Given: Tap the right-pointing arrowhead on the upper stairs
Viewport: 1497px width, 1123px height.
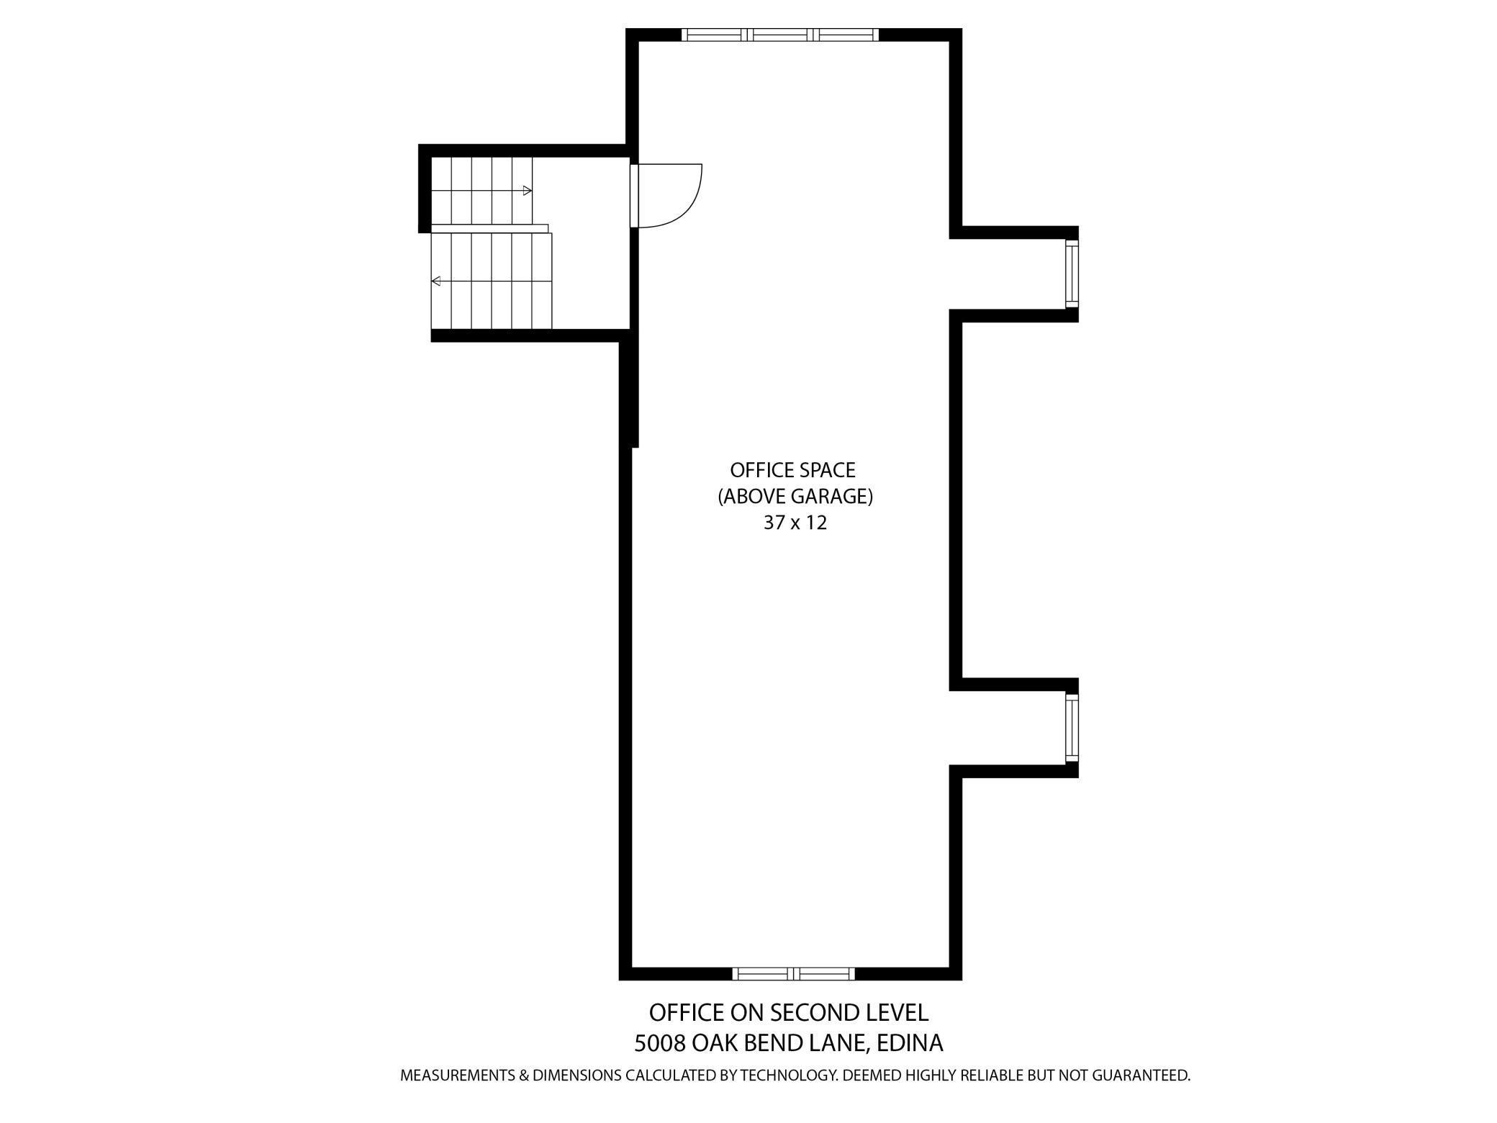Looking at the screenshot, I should click(x=528, y=191).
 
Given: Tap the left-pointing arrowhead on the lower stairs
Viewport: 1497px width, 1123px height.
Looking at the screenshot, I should click(x=435, y=281).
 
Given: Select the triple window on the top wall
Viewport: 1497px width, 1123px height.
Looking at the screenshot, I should click(x=780, y=35).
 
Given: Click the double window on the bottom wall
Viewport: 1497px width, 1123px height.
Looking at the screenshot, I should click(x=794, y=974).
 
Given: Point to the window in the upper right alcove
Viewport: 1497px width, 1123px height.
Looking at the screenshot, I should click(x=1072, y=274).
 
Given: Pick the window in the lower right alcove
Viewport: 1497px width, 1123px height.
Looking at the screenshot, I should click(x=1072, y=729).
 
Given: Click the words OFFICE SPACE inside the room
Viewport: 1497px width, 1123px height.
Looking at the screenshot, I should click(x=792, y=470).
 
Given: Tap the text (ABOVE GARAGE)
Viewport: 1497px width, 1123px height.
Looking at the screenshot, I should click(x=795, y=497).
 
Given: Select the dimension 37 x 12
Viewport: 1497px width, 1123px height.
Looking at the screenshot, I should click(x=795, y=523).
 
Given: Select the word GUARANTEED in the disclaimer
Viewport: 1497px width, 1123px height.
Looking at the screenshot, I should click(x=1141, y=1076).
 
